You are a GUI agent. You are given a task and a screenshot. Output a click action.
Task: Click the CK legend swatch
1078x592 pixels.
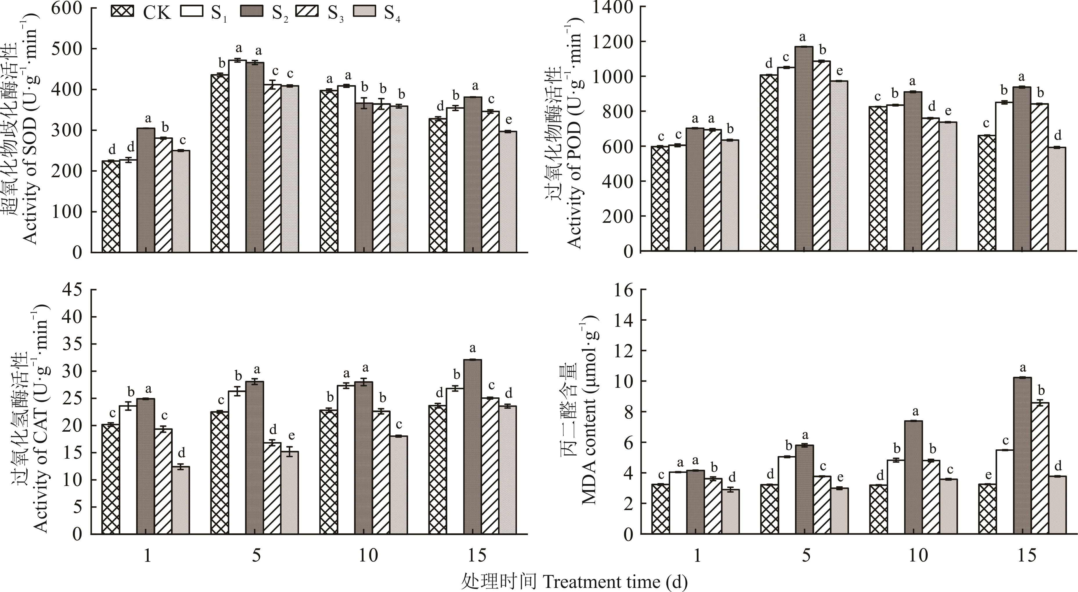click(122, 11)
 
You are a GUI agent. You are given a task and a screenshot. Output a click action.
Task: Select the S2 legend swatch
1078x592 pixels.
click(252, 11)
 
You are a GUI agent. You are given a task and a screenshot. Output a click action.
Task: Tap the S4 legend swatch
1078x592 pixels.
click(365, 11)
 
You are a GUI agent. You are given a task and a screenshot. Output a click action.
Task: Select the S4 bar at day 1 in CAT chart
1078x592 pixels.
click(181, 500)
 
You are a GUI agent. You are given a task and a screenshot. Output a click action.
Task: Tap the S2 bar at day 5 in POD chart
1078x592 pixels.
click(804, 149)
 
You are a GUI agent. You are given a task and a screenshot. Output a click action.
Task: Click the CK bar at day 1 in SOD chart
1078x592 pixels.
click(111, 207)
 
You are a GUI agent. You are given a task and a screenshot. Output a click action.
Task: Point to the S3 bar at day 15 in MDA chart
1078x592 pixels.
click(1039, 468)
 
